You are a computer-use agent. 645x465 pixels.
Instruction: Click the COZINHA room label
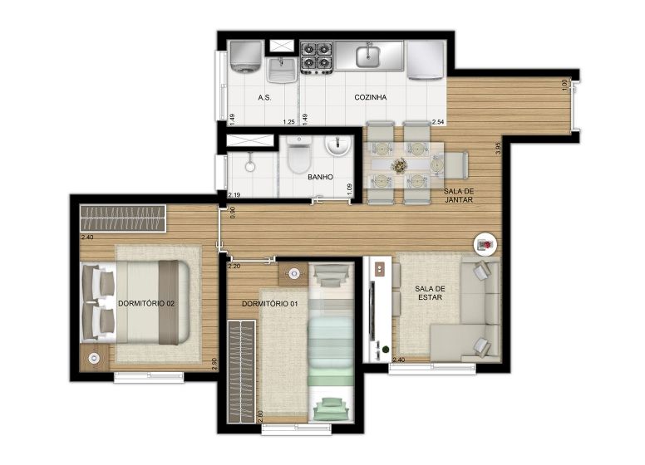(x=370, y=97)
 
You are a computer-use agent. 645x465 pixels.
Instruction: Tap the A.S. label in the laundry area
(x=264, y=97)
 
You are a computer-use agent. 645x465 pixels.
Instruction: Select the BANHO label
(x=321, y=177)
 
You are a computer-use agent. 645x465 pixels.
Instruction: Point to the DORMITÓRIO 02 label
(x=146, y=304)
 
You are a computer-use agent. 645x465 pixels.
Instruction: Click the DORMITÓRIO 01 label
(x=269, y=304)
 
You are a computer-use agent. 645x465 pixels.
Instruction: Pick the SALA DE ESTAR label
(x=430, y=293)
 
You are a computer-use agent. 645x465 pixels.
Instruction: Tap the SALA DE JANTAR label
(x=458, y=195)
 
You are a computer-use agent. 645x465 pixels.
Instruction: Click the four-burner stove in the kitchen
(x=316, y=56)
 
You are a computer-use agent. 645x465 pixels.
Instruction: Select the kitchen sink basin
(x=367, y=56)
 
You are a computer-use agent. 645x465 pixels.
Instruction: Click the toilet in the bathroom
(x=299, y=155)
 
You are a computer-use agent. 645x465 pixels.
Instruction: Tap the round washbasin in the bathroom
(x=337, y=145)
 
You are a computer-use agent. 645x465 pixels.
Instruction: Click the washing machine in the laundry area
(x=245, y=56)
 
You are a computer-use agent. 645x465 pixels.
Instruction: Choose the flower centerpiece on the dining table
(x=399, y=165)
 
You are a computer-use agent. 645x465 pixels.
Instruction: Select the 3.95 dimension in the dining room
(x=499, y=149)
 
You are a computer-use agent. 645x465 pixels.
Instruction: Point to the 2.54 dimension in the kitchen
(x=438, y=121)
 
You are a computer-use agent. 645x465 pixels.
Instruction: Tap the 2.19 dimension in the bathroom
(x=234, y=194)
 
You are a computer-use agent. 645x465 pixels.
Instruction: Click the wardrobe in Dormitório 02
(x=123, y=218)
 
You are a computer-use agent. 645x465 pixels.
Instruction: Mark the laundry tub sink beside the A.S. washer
(x=282, y=70)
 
